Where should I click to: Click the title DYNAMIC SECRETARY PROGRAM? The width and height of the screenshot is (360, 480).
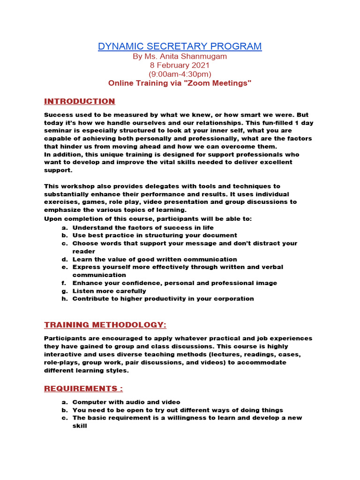pyautogui.click(x=180, y=46)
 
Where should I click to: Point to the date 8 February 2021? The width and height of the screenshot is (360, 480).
pyautogui.click(x=180, y=65)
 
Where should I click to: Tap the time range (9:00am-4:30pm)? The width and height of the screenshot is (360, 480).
pyautogui.click(x=180, y=74)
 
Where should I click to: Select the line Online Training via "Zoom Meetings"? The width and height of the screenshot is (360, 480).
pyautogui.click(x=180, y=83)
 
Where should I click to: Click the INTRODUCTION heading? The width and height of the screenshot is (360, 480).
pyautogui.click(x=79, y=101)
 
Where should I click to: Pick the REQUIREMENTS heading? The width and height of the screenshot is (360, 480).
pyautogui.click(x=83, y=389)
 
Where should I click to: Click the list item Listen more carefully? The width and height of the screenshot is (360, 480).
pyautogui.click(x=109, y=291)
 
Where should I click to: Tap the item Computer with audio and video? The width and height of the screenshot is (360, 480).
pyautogui.click(x=126, y=402)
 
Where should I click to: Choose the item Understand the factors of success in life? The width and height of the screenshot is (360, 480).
pyautogui.click(x=143, y=228)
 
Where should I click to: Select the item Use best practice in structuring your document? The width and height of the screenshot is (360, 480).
pyautogui.click(x=155, y=235)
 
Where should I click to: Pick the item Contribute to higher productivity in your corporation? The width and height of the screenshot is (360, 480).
pyautogui.click(x=163, y=299)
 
